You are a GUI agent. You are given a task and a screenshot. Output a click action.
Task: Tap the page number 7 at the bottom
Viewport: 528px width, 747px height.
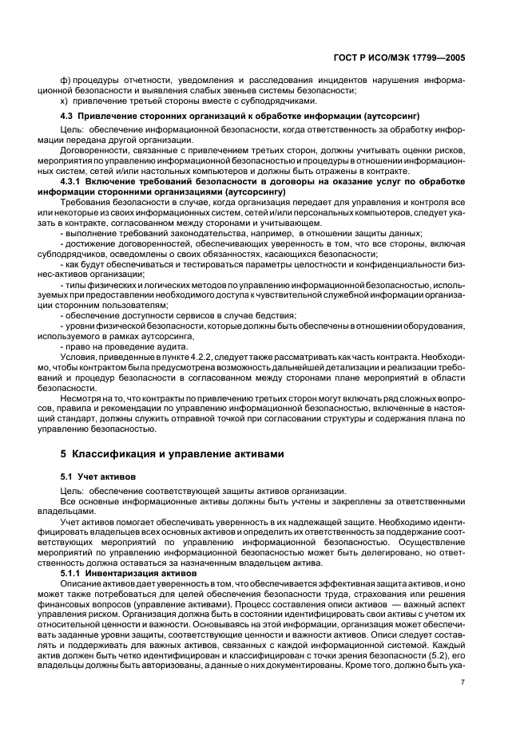pos(462,683)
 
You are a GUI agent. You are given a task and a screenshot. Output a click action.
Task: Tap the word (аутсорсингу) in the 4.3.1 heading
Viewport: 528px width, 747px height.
pos(256,192)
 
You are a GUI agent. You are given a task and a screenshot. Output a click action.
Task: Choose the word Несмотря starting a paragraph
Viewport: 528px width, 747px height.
pos(82,397)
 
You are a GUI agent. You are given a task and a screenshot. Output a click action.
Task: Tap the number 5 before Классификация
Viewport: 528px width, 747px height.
pos(64,454)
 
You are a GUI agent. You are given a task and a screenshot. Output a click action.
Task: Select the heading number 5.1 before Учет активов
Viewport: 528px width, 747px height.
pos(69,476)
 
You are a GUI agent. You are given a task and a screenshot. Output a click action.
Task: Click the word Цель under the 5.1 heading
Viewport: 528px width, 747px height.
pos(71,490)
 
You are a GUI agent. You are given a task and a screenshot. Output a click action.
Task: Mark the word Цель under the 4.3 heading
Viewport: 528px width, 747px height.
pos(71,129)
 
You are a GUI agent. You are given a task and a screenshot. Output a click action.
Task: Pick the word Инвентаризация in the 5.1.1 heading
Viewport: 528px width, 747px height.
pos(121,574)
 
